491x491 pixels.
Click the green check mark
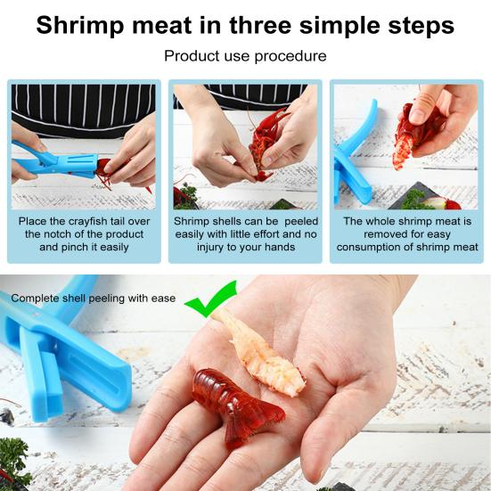coord(210,299)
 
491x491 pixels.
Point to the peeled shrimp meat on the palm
coord(261,354)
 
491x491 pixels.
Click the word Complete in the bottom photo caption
coord(35,299)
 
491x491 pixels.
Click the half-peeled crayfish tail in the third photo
coord(413,135)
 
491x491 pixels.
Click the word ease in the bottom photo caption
coord(163,299)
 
